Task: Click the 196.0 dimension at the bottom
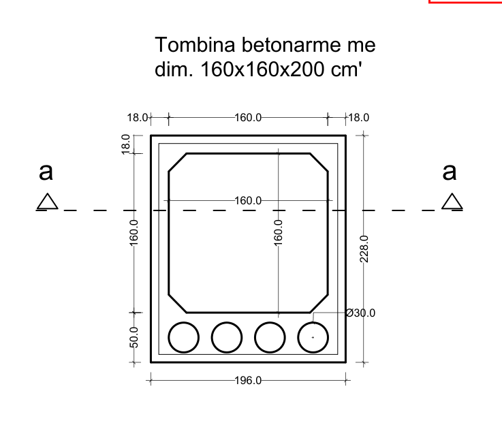[248, 381]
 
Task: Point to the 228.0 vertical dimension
[364, 249]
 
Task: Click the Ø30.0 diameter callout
[361, 313]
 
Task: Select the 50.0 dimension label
[134, 337]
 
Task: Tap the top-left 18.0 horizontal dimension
[138, 117]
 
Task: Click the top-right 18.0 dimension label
[358, 117]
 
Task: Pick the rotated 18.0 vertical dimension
[125, 144]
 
